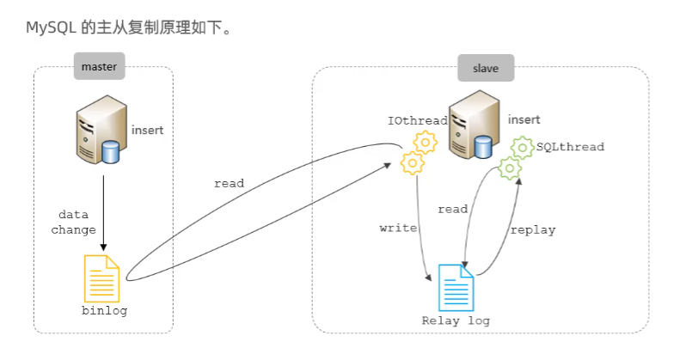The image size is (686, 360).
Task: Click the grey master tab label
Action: point(98,66)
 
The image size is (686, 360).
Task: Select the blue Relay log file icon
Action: point(456,287)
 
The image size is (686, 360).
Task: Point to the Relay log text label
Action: point(456,320)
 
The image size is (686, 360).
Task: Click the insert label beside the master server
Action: point(147,131)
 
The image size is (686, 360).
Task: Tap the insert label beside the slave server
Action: point(525,119)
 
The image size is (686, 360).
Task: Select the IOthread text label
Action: point(418,121)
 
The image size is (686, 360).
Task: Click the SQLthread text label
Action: point(570,147)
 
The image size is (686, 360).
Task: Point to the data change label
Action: point(74,222)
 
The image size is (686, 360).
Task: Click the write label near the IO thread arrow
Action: point(398,229)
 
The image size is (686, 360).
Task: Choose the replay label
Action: point(533,230)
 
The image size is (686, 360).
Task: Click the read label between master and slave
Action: point(230,183)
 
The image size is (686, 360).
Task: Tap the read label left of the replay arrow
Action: point(453,209)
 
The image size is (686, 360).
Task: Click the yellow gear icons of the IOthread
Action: point(419,152)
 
